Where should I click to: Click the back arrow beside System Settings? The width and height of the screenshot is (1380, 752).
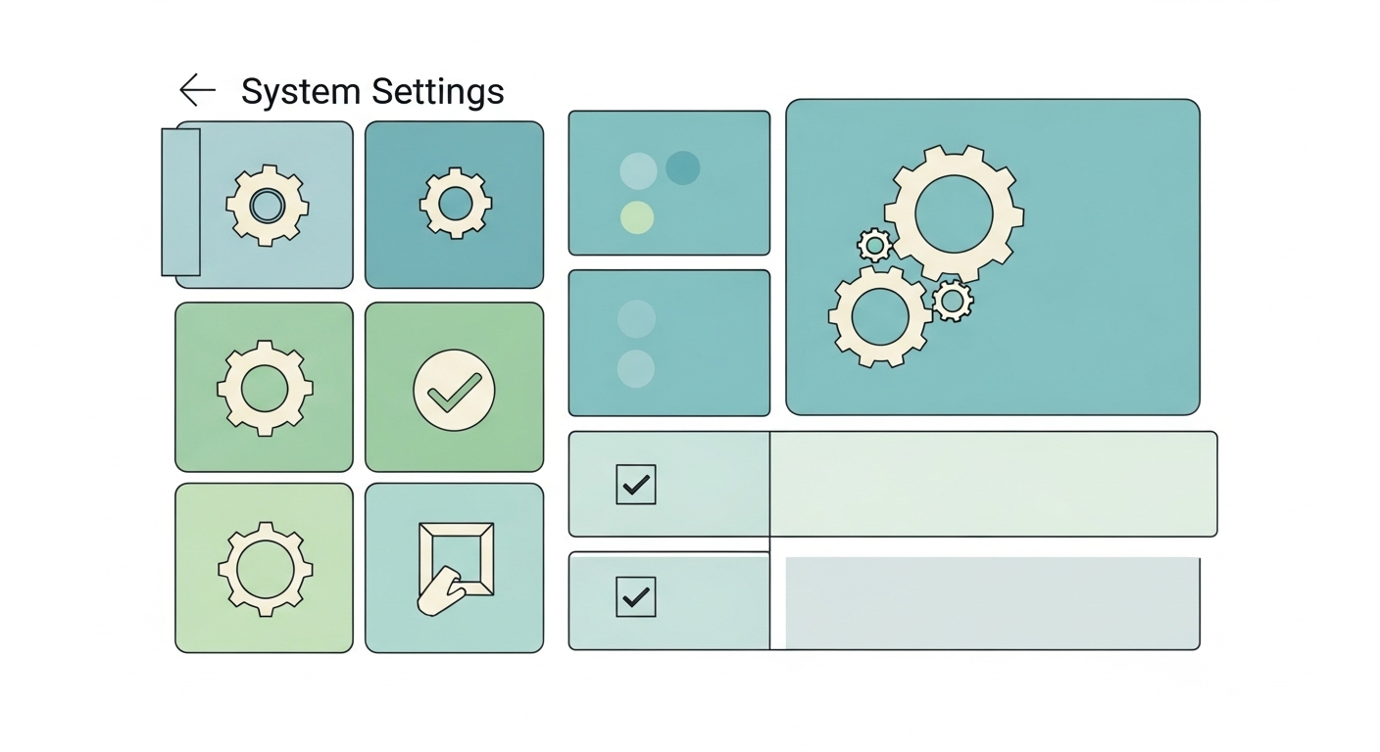pos(197,90)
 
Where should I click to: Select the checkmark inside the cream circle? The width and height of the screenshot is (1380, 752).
pos(454,390)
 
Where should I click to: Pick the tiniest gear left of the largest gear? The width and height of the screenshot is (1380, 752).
pos(874,244)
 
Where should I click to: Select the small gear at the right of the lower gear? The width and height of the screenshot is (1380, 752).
pos(952,300)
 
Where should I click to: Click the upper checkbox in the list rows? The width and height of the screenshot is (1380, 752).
pos(636,484)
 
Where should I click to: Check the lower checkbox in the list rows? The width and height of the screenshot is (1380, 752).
pos(636,596)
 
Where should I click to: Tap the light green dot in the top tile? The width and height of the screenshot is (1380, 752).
pos(637,217)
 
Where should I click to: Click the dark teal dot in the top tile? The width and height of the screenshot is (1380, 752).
pos(683,167)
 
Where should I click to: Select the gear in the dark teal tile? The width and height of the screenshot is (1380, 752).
pos(456,204)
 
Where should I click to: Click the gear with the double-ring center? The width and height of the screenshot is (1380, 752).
pos(267,206)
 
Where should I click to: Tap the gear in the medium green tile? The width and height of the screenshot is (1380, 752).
pos(265,389)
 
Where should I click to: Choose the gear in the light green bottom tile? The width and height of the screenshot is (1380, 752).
pos(265,568)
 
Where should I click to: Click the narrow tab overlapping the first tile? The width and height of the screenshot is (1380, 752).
pos(180,202)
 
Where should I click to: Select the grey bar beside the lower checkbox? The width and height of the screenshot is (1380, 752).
pos(992,603)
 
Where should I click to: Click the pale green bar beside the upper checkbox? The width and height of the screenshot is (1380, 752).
pos(993,484)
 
